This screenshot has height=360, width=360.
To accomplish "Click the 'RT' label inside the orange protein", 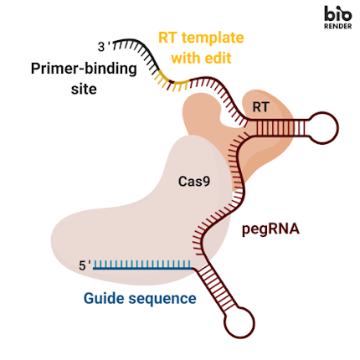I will (x=260, y=107).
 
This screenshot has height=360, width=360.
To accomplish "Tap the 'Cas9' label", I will (x=193, y=180).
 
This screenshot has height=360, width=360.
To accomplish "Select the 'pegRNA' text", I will (x=270, y=228).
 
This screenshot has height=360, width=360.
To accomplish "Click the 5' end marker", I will (x=85, y=266).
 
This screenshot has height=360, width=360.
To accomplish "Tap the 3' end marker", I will (x=104, y=47).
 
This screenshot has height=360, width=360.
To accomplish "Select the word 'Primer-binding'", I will (x=82, y=69).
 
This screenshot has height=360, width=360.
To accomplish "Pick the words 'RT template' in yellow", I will (x=201, y=39).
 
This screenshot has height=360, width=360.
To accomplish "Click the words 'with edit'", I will (x=201, y=59).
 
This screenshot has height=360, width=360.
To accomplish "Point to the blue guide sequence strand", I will (x=142, y=266).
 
